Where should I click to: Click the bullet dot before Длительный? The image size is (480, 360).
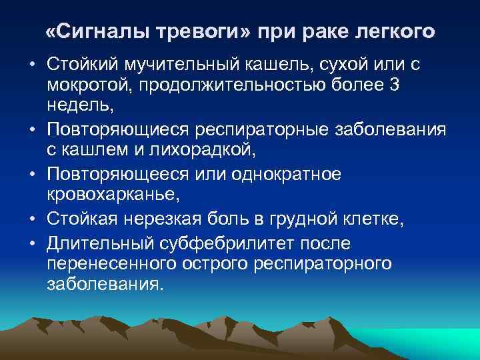coord(32,243)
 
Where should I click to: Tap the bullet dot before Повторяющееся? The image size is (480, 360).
coord(32,173)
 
